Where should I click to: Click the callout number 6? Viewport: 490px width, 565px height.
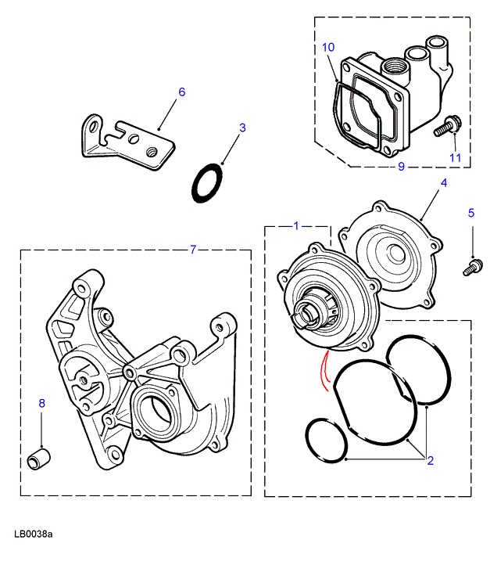point(182,92)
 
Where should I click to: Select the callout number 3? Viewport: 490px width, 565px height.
point(242,127)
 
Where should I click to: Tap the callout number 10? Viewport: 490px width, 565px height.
point(328,48)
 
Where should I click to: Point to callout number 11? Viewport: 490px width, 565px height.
point(456,157)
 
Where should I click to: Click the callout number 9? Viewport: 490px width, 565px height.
point(401,167)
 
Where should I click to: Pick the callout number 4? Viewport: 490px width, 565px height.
point(443,183)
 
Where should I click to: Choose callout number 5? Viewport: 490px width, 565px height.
point(471,212)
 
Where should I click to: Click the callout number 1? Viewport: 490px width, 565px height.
point(296,226)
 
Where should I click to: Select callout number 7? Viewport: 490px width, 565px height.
point(194,250)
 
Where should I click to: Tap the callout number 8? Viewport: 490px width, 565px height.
point(42,403)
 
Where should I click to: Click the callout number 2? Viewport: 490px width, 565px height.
point(430,461)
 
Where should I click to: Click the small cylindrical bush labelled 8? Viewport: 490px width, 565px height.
point(40,457)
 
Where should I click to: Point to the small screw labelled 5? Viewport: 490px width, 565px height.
point(471,267)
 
